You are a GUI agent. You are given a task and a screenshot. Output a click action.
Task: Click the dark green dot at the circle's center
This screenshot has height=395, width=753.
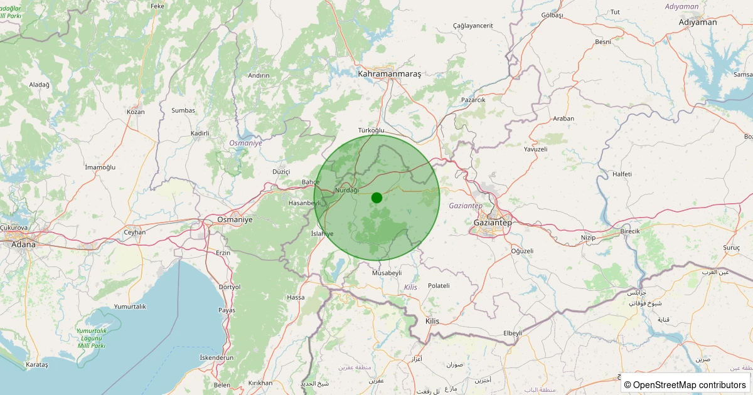point(376,197)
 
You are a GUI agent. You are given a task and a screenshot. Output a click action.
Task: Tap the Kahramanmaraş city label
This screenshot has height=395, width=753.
point(389,73)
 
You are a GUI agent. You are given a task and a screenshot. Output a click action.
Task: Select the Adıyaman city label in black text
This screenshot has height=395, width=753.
point(698,22)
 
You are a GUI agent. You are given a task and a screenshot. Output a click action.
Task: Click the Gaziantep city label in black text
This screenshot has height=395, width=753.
point(493,223)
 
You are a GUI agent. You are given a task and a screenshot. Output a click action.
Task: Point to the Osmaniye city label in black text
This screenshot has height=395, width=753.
point(234,219)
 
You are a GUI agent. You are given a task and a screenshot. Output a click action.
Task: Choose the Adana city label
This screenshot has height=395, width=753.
point(23,244)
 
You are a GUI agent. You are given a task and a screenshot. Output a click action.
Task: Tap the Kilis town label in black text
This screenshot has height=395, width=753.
point(432,321)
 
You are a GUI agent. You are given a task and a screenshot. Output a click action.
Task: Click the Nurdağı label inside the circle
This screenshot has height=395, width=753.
point(347,190)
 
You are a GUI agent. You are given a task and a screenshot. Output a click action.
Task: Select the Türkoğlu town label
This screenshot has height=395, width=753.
point(371,130)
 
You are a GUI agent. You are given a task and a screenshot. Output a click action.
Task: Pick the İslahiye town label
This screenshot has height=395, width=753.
point(323,233)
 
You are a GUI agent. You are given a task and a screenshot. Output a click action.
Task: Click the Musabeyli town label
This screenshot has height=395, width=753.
point(387,273)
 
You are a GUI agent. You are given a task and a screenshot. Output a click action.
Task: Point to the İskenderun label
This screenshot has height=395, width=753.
point(216,357)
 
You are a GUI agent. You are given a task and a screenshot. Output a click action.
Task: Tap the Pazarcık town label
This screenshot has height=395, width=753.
point(473,100)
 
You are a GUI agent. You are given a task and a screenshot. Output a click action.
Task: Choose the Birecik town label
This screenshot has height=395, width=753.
point(630,231)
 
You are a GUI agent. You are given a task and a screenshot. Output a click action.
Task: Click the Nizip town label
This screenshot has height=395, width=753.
point(588,238)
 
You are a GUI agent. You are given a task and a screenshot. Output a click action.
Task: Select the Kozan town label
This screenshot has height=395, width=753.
point(136,112)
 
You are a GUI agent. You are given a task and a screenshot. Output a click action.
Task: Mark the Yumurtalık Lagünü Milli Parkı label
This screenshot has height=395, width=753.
point(91,338)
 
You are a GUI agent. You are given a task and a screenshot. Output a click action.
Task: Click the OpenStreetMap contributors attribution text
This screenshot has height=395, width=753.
point(685,384)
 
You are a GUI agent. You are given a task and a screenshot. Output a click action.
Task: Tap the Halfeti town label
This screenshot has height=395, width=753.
point(622,174)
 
